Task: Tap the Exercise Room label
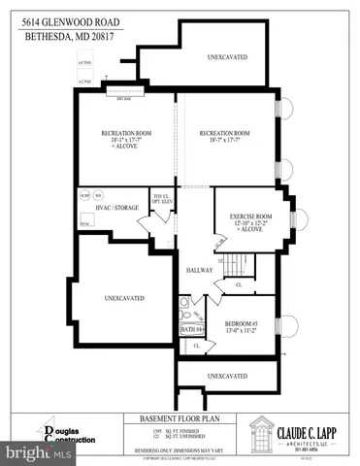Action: coord(250,219)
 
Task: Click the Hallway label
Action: coord(199,271)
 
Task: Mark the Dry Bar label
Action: coord(123,98)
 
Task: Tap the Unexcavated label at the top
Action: coord(226,56)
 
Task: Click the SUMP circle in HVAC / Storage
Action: coord(86,192)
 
